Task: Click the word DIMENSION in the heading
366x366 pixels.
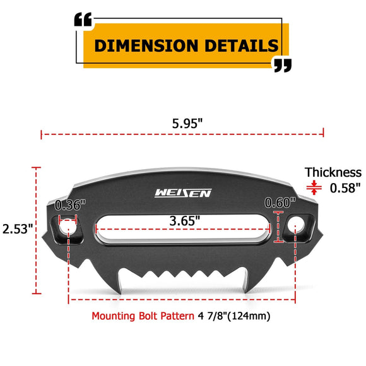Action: click(x=145, y=46)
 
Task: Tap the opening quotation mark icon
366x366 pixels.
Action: click(x=83, y=20)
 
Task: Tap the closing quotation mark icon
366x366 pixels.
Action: click(x=282, y=64)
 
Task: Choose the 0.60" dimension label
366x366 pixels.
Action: click(x=280, y=203)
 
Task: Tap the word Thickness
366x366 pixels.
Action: click(x=333, y=172)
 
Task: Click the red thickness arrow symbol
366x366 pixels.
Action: click(x=312, y=187)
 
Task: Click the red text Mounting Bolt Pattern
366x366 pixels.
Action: click(x=142, y=316)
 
